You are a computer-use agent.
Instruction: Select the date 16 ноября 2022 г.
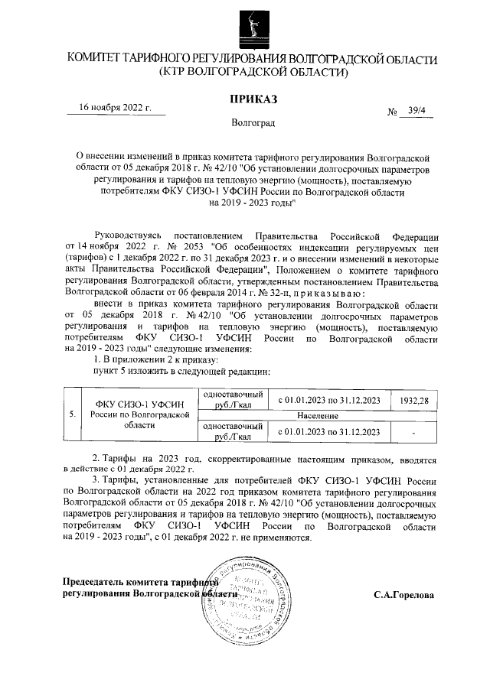point(116,108)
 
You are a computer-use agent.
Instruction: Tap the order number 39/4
point(420,111)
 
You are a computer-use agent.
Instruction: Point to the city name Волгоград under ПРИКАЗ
point(253,122)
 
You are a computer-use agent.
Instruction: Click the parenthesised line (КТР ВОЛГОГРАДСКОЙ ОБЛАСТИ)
point(253,73)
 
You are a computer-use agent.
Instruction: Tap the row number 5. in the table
point(71,414)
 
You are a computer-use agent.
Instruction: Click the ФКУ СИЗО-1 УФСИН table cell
point(139,414)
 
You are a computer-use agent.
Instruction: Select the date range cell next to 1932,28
point(328,401)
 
